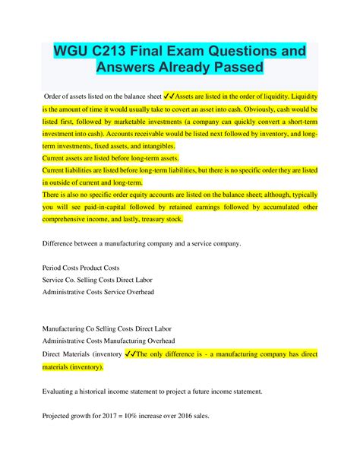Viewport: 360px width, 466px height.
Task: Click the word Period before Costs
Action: (x=54, y=268)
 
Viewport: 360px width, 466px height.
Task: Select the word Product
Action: (x=101, y=268)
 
